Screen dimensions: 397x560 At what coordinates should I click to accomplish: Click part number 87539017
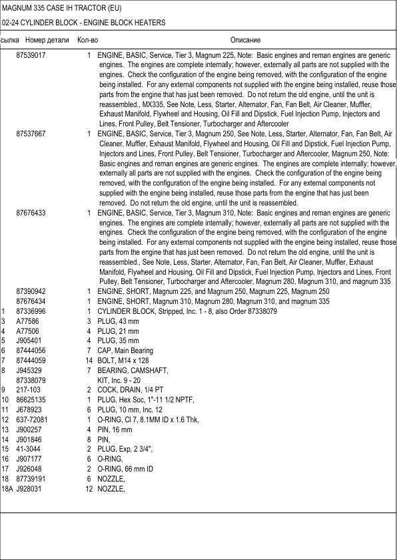[x=31, y=53]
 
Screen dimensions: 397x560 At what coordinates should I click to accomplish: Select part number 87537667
[x=31, y=134]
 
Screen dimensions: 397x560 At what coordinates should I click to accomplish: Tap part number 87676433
[x=31, y=213]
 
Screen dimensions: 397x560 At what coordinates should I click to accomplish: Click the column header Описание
[x=245, y=41]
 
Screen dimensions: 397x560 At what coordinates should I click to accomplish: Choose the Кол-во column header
[x=87, y=41]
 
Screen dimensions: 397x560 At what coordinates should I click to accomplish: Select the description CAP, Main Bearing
[x=125, y=350]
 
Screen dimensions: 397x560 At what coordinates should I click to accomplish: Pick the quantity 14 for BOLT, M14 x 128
[x=88, y=360]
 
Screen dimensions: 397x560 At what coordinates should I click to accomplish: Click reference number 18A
[x=7, y=490]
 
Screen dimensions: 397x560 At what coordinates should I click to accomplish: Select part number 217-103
[x=28, y=390]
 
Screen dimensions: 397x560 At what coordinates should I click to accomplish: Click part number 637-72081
[x=32, y=420]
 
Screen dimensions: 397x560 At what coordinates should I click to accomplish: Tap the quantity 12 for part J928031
[x=88, y=490]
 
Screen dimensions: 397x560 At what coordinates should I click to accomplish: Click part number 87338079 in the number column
[x=31, y=380]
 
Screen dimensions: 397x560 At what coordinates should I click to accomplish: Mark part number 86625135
[x=31, y=400]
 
